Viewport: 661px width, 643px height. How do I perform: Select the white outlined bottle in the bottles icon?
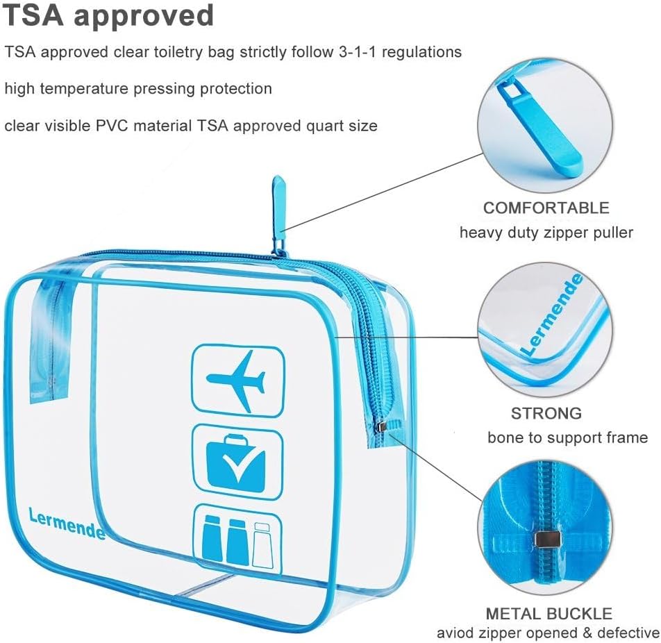tap(262, 544)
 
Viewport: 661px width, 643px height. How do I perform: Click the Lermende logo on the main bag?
tap(67, 524)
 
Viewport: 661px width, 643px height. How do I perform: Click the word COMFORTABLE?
tap(546, 208)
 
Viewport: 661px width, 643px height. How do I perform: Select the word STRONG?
tap(546, 413)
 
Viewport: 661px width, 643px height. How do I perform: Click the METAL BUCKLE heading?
tap(549, 613)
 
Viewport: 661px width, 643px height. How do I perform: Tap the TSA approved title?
tap(108, 15)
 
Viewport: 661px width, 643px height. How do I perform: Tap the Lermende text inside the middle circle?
tap(552, 314)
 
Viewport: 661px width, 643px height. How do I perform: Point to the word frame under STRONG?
tap(625, 437)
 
